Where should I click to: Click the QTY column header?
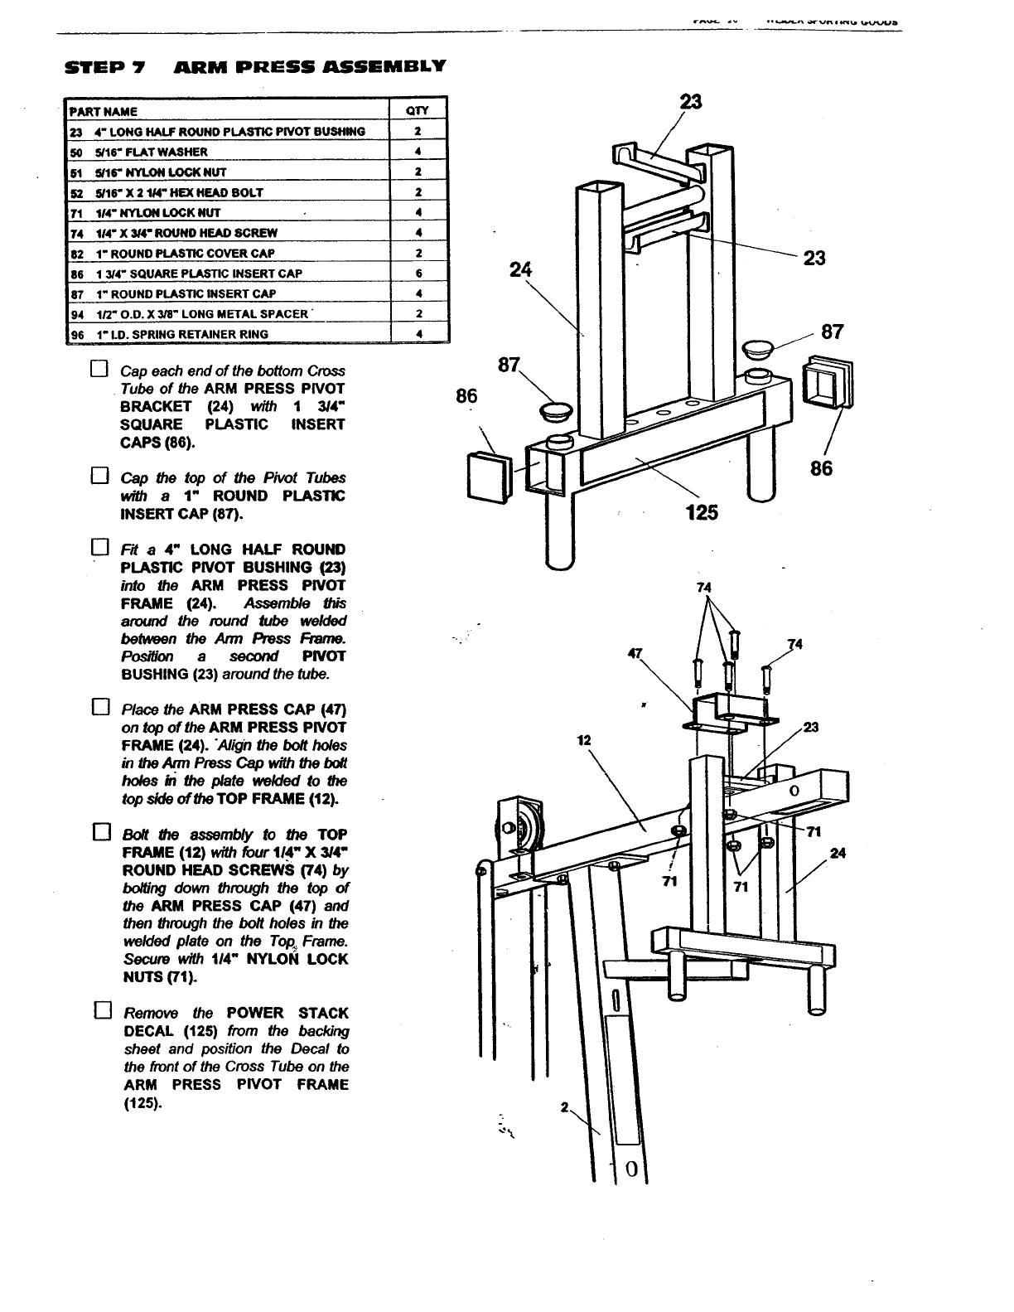click(x=418, y=111)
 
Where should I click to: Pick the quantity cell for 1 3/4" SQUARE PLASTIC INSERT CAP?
click(x=419, y=274)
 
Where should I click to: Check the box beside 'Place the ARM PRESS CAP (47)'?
click(x=100, y=708)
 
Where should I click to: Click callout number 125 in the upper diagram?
click(x=702, y=512)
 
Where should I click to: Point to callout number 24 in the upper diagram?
click(x=519, y=269)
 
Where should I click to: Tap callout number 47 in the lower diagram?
click(x=635, y=652)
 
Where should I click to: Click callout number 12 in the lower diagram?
click(x=583, y=739)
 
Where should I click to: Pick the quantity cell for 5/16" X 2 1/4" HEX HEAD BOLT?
click(x=419, y=192)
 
